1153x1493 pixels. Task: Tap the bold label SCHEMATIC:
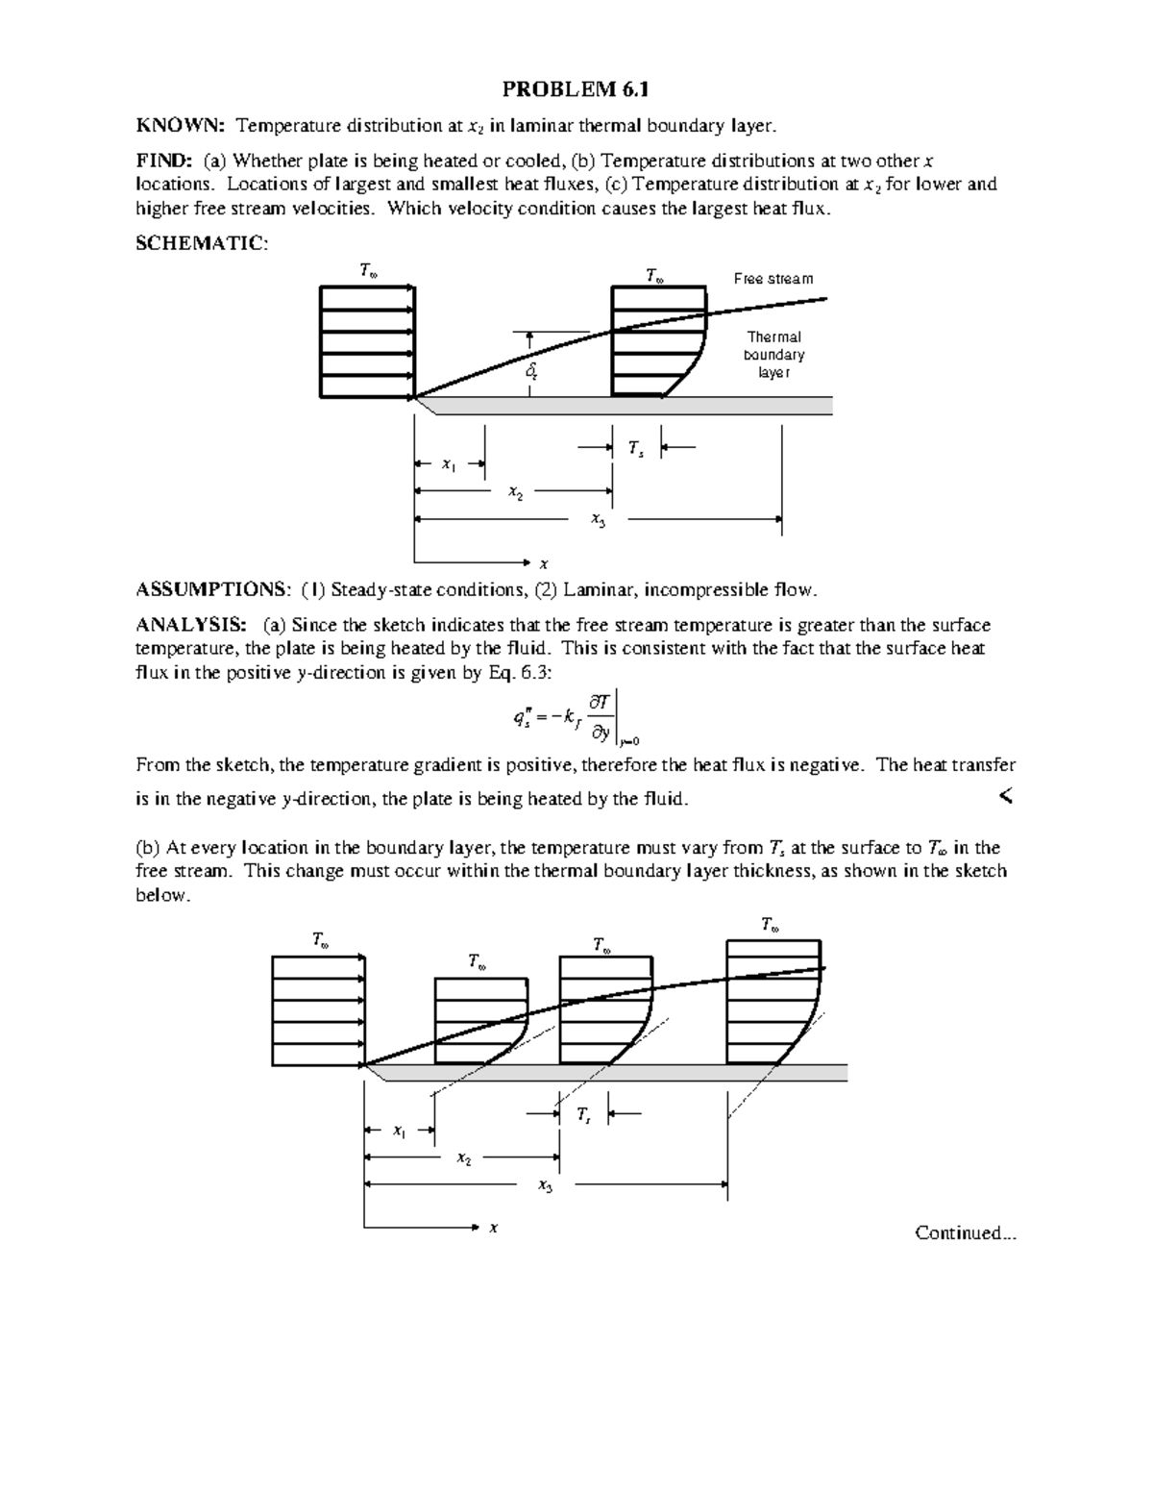[x=202, y=243]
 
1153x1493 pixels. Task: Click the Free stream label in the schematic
[x=773, y=279]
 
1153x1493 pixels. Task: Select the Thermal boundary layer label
[x=773, y=355]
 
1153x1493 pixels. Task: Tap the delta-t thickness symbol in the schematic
[x=531, y=371]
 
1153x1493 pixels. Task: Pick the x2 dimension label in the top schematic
[x=516, y=492]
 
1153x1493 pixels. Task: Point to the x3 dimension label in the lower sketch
[x=546, y=1185]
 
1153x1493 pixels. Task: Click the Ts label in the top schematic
[x=635, y=448]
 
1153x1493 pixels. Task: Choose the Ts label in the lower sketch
[x=583, y=1114]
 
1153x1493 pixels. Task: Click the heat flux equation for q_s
[x=575, y=718]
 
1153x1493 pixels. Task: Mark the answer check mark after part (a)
[x=1006, y=796]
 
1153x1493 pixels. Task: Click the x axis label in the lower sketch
[x=493, y=1228]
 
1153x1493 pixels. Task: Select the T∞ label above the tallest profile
[x=770, y=925]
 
